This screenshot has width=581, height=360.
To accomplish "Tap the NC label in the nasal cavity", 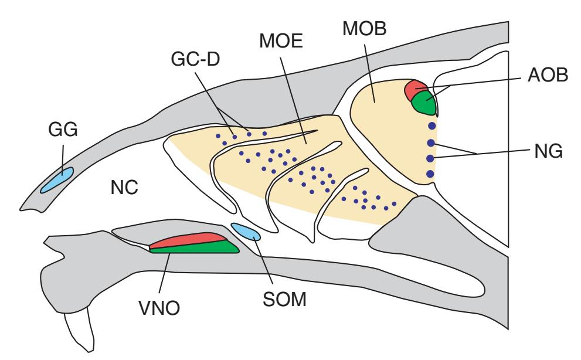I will (x=124, y=187).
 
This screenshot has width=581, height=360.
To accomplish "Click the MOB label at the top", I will (x=359, y=30).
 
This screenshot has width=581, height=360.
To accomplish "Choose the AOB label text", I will (x=541, y=77).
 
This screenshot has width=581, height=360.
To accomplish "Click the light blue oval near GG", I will (x=57, y=179).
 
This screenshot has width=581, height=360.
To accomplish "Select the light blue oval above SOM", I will (x=246, y=232).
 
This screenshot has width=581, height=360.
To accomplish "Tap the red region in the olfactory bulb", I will (x=417, y=89).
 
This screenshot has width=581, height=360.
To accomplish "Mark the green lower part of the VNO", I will (x=199, y=247).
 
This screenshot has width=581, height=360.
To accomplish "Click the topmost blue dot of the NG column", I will (x=431, y=126).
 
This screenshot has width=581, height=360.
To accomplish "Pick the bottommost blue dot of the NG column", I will (x=431, y=174).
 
